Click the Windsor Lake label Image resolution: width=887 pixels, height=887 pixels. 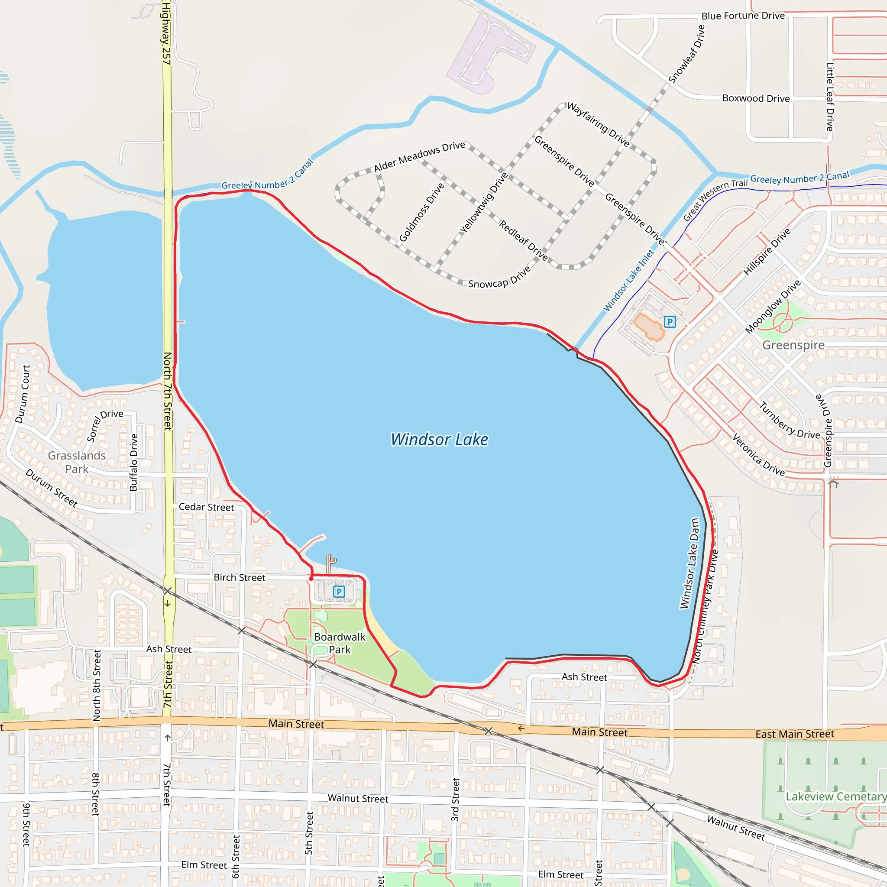439,439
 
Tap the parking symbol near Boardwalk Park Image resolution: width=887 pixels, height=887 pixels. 339,591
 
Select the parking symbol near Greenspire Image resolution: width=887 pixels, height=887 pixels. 670,322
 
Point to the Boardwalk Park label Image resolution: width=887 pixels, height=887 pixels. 339,643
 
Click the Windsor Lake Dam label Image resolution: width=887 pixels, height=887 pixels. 690,563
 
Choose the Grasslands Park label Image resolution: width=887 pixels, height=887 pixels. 77,462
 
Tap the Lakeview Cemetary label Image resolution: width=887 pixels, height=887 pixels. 835,796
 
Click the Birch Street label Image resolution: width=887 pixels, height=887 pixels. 239,578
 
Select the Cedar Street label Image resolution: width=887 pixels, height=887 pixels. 206,507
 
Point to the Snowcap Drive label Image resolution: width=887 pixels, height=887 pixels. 499,278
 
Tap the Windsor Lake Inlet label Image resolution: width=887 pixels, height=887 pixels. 628,281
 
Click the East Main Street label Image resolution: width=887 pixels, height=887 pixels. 795,734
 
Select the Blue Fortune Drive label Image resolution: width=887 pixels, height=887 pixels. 743,16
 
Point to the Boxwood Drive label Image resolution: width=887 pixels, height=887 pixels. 756,98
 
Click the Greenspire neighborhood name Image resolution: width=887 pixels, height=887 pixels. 793,345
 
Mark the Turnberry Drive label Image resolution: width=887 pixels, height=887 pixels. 789,421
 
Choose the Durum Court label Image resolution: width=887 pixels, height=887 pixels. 23,394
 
